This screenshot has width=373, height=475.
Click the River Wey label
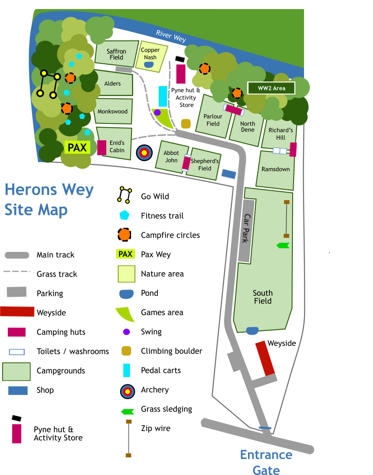coord(171,36)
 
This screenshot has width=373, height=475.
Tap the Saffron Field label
coord(116,54)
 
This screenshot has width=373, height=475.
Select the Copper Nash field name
coord(150,53)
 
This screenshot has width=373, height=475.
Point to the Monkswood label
coord(113,111)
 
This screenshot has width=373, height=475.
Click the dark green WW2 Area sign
coord(271,88)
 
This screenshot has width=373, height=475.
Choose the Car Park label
coord(246,228)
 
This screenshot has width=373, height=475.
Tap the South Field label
coord(263,297)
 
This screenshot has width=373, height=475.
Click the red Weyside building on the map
coord(265,358)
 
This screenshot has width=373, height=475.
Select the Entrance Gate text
coord(266,462)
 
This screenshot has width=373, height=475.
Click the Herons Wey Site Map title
coord(49,199)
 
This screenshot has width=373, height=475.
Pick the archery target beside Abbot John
coord(144,152)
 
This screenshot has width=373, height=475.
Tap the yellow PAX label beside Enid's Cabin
coord(77,148)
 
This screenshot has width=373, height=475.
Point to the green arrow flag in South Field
coord(283,245)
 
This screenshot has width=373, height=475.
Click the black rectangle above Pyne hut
coord(180,59)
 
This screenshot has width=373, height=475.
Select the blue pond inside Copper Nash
coord(149,65)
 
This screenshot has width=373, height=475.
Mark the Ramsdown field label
coord(276,169)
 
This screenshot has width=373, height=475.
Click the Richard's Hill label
coord(281,134)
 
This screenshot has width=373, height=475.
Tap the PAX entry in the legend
coord(125,254)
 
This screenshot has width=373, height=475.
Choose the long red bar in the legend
coord(17,311)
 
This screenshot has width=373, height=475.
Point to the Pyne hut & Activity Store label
coord(186,98)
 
